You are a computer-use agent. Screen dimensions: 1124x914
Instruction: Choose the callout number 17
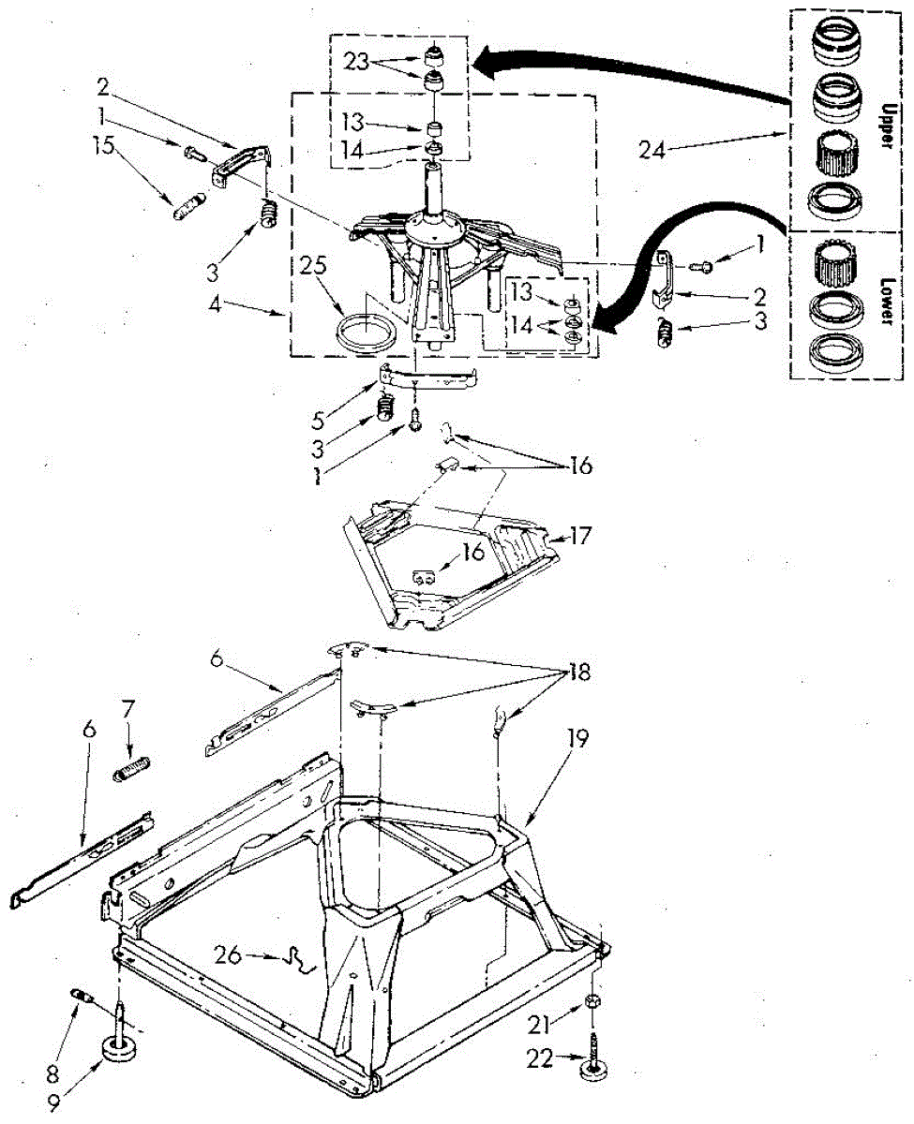click(577, 537)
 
